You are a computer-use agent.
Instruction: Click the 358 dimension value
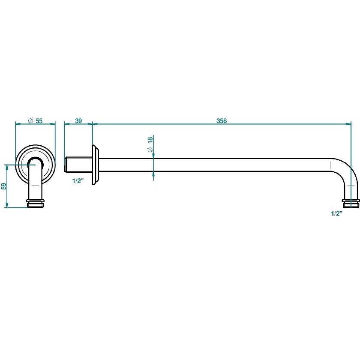coord(222,121)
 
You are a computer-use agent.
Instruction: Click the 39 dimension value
coord(78,121)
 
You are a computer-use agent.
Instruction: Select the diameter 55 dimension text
coord(35,121)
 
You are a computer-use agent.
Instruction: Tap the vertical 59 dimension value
coord(4,186)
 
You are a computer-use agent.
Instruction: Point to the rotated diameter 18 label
coord(150,144)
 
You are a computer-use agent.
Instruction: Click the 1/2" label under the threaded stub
coord(78,181)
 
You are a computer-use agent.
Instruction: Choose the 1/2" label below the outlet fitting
coord(336,213)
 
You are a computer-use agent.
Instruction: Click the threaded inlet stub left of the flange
coord(78,165)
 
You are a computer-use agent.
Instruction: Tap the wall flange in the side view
coord(95,165)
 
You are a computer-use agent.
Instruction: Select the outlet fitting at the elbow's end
coord(351,203)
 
